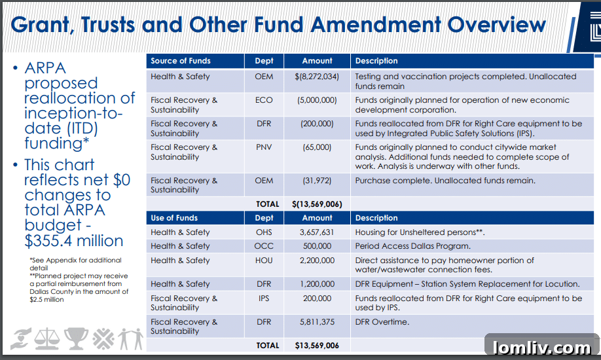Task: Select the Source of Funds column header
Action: pyautogui.click(x=181, y=61)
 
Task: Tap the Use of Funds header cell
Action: pyautogui.click(x=174, y=218)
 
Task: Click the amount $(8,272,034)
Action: pyautogui.click(x=317, y=77)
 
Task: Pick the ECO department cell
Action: pyautogui.click(x=264, y=100)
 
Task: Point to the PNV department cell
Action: pyautogui.click(x=264, y=147)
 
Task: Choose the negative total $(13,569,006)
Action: pyautogui.click(x=317, y=204)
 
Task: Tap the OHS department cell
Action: pyautogui.click(x=264, y=232)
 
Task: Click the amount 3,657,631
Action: pyautogui.click(x=317, y=232)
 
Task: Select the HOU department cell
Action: pyautogui.click(x=264, y=261)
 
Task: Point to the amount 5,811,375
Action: pyautogui.click(x=317, y=322)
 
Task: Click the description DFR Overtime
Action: pyautogui.click(x=382, y=322)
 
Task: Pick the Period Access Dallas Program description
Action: pyautogui.click(x=412, y=246)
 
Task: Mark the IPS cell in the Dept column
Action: pyautogui.click(x=264, y=298)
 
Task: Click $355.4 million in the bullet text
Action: pyautogui.click(x=74, y=240)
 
